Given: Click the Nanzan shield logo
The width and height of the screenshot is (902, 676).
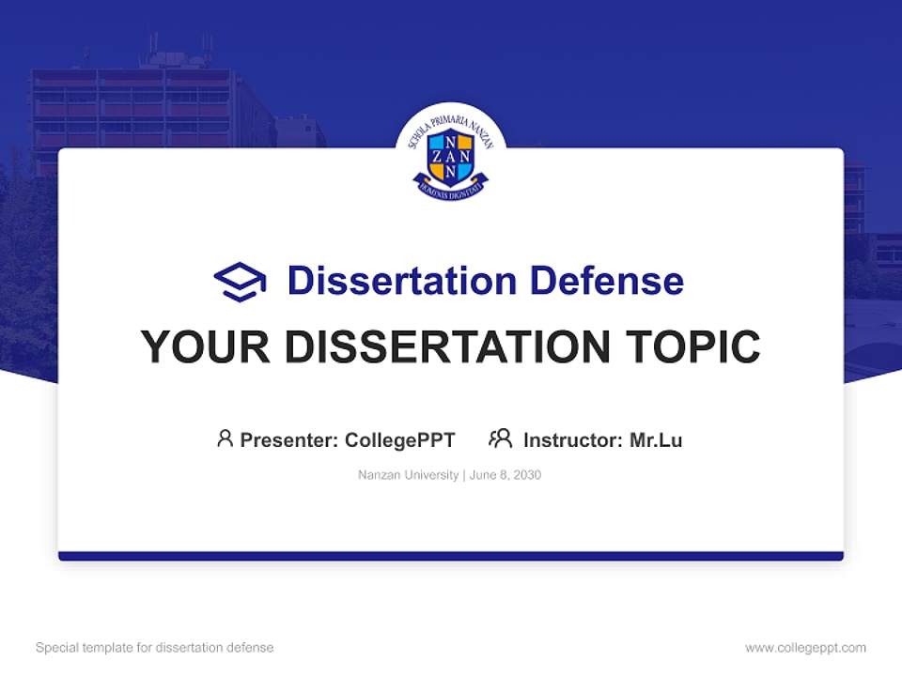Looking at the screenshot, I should [x=450, y=156].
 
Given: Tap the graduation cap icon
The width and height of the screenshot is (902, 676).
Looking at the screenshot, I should [x=240, y=281].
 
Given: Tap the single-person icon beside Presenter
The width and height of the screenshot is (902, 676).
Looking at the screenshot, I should [x=225, y=438].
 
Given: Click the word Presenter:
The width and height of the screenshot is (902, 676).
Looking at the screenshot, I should [x=289, y=439].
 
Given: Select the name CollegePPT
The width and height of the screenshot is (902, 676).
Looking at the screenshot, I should [x=400, y=439].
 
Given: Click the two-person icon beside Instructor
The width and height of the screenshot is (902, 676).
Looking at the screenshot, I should [x=500, y=438].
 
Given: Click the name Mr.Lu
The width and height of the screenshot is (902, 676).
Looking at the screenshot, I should [x=656, y=439].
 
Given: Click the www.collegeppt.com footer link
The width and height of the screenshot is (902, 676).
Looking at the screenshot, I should [x=805, y=648].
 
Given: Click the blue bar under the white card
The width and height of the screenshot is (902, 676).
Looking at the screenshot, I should [x=450, y=556].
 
